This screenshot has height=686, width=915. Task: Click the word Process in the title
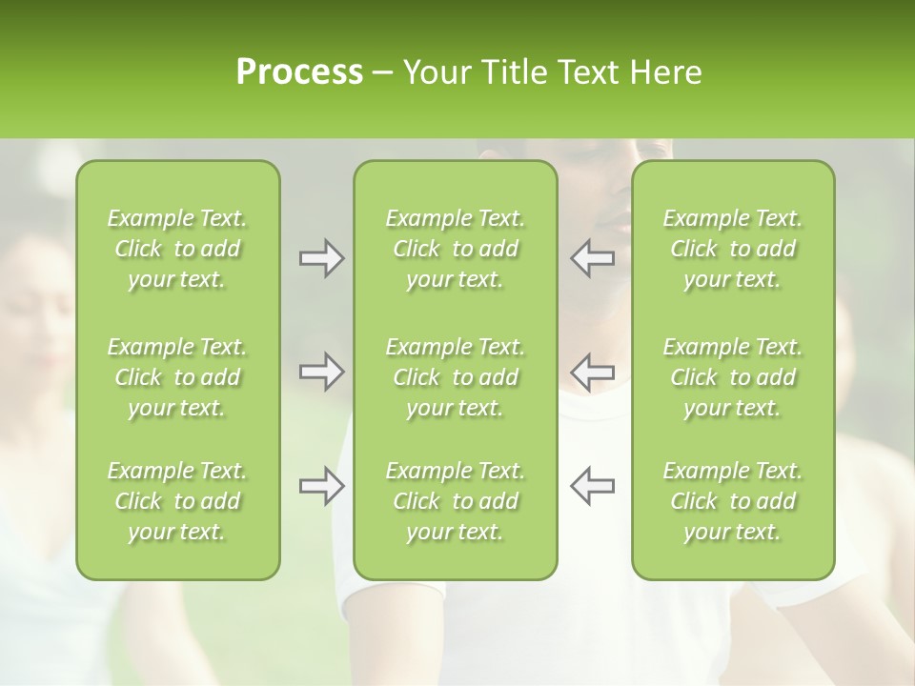pos(299,72)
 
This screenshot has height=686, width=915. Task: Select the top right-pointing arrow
pos(321,258)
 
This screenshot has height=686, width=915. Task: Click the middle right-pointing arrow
pos(321,371)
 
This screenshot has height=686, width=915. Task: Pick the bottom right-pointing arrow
pos(321,485)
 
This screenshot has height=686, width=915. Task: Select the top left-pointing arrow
pos(592,258)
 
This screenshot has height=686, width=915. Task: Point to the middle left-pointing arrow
pos(592,371)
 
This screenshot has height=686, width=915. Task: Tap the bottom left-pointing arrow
pos(592,485)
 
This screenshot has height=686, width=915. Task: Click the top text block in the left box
pos(177,249)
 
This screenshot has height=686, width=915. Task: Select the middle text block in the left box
pos(177,377)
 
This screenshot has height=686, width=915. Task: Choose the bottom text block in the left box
pos(177,501)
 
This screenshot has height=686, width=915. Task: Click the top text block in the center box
pos(455,249)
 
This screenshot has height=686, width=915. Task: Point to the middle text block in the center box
pos(455,377)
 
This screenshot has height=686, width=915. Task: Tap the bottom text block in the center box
pos(455,501)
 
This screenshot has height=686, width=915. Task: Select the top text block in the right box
pos(732,249)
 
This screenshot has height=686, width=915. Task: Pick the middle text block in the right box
pos(732,377)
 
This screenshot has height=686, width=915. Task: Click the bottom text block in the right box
pos(732,501)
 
